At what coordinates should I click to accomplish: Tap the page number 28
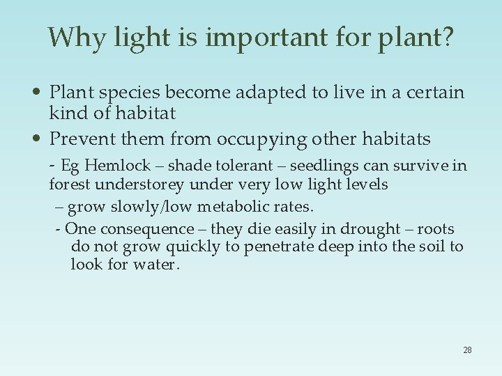[467, 350]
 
